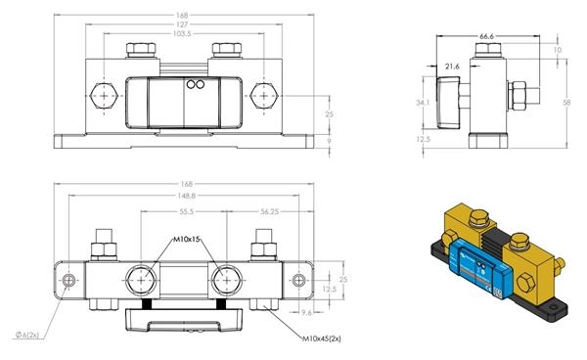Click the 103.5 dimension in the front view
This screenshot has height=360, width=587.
tap(182, 33)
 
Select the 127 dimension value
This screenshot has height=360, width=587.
tap(182, 24)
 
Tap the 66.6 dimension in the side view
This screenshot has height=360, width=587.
tap(486, 36)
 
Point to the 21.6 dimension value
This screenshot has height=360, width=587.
tap(452, 67)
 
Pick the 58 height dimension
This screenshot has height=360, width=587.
tap(566, 102)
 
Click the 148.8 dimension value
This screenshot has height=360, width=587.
tap(187, 196)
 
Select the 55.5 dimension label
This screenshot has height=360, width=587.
tap(187, 212)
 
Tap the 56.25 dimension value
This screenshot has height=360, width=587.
tap(270, 212)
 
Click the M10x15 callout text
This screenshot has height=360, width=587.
tap(187, 239)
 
